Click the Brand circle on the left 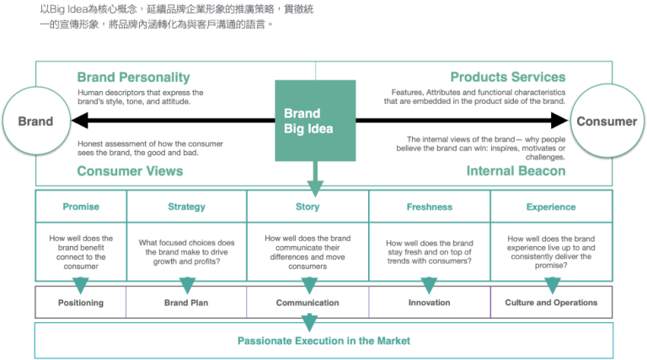35,121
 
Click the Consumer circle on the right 607,121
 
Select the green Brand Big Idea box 314,121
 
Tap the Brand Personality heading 133,78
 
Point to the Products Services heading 507,78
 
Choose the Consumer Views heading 130,171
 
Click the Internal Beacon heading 516,171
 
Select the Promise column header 81,207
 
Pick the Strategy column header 186,207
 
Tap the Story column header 307,207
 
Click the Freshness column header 430,207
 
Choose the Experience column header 551,207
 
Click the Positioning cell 81,303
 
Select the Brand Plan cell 186,303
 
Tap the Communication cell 307,303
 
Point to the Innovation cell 430,303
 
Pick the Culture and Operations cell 551,303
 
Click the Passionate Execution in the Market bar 323,341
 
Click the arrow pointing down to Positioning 81,284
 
